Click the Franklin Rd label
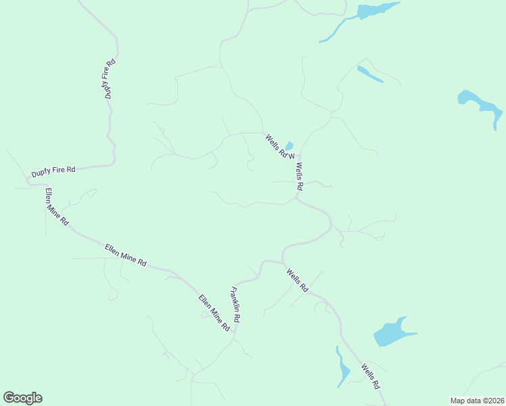click(236, 304)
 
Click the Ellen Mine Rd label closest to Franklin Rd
click(214, 313)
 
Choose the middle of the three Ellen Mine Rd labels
click(126, 256)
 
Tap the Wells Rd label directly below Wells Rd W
click(299, 176)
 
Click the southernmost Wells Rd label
click(370, 376)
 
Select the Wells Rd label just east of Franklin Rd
click(297, 280)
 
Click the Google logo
click(22, 398)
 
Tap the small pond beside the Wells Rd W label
click(289, 146)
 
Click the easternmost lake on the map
click(481, 105)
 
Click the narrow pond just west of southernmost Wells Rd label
click(343, 369)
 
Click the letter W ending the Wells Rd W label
click(292, 157)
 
